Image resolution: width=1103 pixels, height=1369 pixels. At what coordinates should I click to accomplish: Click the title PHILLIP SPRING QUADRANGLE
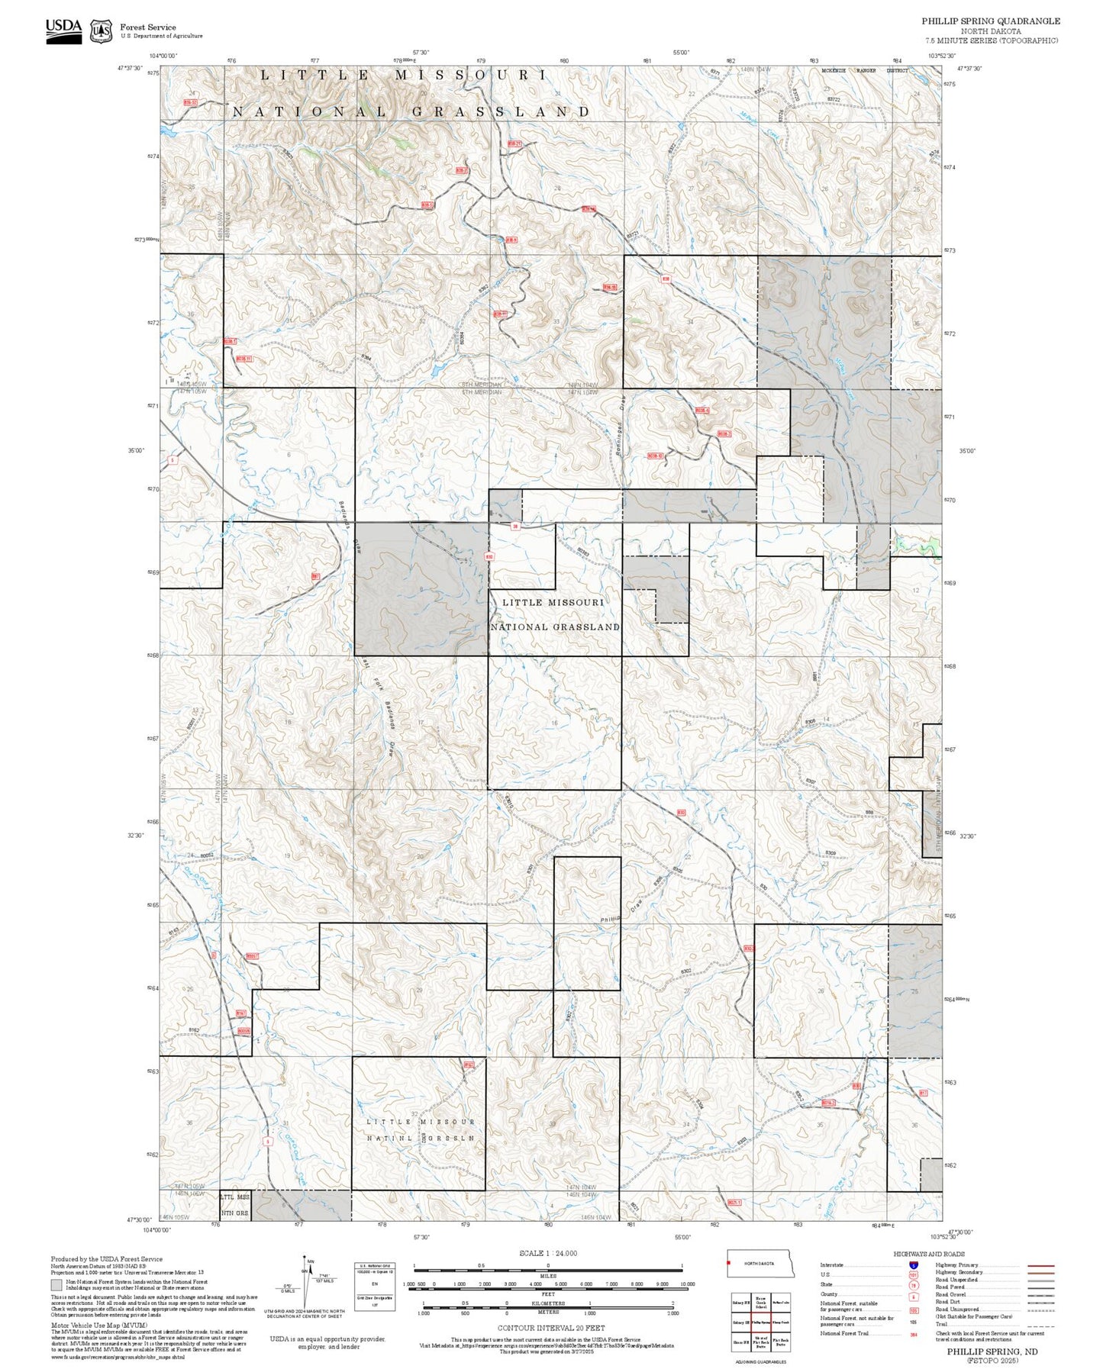click(990, 21)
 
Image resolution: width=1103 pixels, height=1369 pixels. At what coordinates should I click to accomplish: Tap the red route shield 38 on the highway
click(515, 527)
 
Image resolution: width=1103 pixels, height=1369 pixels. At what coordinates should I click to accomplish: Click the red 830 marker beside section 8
click(489, 557)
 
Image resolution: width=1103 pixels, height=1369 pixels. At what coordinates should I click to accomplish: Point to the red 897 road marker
click(314, 577)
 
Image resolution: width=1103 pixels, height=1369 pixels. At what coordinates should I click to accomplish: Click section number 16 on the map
click(555, 722)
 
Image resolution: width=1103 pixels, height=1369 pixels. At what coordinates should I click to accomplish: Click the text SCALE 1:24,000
click(548, 1253)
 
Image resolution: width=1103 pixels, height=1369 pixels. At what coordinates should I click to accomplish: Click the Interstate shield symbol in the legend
click(914, 1264)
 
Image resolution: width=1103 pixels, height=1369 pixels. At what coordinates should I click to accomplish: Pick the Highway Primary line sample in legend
click(1041, 1265)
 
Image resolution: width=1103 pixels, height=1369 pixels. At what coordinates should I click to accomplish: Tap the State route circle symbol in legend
click(914, 1284)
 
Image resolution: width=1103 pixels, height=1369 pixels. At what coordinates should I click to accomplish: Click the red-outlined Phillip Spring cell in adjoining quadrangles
click(760, 1322)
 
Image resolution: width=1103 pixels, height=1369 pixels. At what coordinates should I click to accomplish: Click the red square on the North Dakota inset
click(730, 1263)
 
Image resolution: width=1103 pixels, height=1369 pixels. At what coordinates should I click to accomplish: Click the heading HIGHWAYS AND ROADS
click(929, 1254)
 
